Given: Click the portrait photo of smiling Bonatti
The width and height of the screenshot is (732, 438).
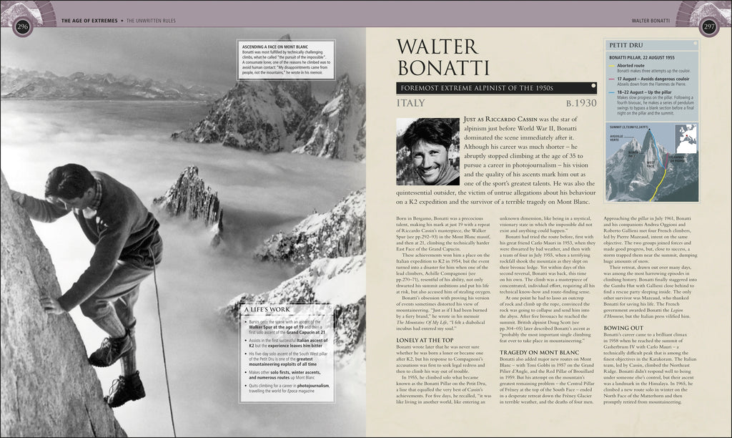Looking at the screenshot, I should (x=427, y=152).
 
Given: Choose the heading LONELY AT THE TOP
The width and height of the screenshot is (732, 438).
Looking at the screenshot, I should (x=425, y=340).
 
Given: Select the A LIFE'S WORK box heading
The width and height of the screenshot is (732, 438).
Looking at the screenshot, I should (x=264, y=310).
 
